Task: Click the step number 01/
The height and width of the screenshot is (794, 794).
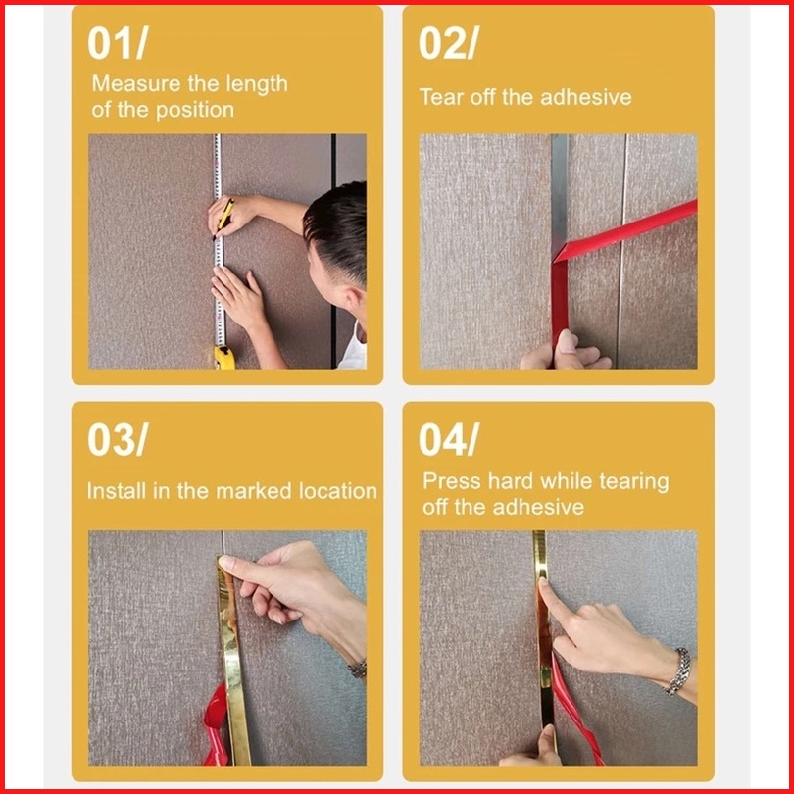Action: [x=118, y=43]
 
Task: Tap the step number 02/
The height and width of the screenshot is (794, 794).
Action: [x=449, y=43]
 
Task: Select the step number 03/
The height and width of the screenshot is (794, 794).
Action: [x=118, y=439]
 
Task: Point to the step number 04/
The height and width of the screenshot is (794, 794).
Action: [x=449, y=439]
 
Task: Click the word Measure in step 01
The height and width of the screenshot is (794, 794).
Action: [x=135, y=83]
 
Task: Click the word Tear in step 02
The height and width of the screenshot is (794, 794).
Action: [x=441, y=97]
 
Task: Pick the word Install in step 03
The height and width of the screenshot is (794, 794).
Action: [x=116, y=491]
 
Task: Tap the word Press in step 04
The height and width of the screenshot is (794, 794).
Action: [x=451, y=481]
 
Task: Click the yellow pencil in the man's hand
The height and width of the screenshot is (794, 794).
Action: [x=223, y=218]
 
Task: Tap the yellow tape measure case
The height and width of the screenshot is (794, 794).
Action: [x=224, y=357]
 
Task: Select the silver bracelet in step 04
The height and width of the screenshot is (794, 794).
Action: [x=679, y=670]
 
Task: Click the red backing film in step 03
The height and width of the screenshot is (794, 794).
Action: [x=217, y=724]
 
